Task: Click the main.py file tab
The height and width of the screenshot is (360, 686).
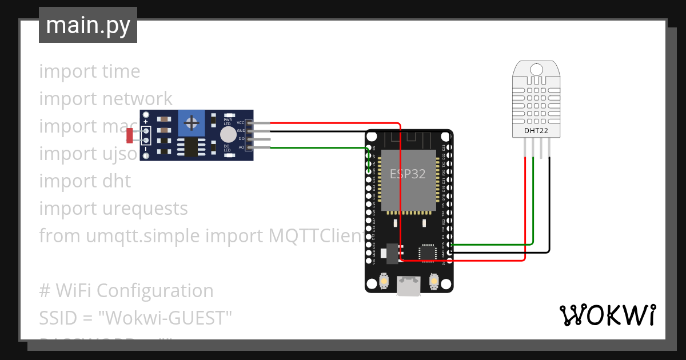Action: coord(88,26)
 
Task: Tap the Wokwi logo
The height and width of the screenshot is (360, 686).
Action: coord(607,315)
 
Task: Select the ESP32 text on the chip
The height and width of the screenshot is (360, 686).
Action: coord(408,174)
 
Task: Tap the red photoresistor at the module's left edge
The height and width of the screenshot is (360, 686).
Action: coord(130,135)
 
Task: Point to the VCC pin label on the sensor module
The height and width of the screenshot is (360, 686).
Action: coord(241,122)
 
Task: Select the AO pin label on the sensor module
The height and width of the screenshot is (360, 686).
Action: coord(241,147)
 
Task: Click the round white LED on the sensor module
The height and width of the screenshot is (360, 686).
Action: coord(228,134)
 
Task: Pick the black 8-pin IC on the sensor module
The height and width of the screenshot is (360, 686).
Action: coord(188,147)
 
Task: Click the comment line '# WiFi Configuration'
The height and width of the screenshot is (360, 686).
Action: coord(126,291)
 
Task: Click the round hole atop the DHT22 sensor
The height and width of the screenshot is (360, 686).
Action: coord(536,69)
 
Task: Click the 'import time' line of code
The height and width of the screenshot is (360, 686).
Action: coord(90,71)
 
